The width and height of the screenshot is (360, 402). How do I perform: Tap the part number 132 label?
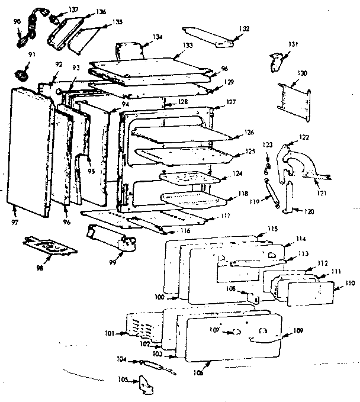(x=244, y=28)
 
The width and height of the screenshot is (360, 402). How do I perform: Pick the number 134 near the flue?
(x=157, y=37)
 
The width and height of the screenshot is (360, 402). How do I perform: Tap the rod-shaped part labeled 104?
(x=148, y=365)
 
